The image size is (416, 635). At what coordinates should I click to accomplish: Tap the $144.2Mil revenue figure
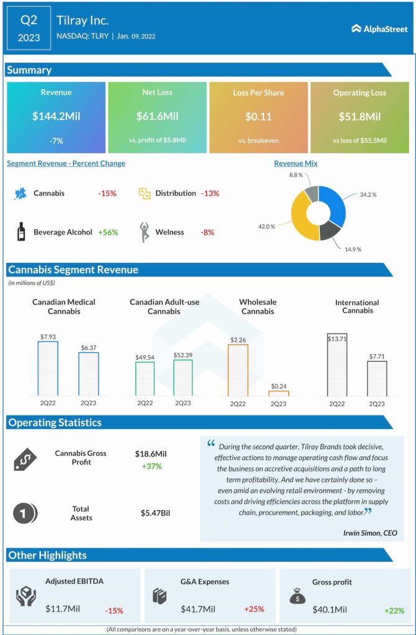point(56,117)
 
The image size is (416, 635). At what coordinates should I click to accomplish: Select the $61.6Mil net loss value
point(157,117)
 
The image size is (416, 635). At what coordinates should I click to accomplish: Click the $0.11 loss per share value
point(258,117)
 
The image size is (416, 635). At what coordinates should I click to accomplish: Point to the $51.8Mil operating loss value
point(360,117)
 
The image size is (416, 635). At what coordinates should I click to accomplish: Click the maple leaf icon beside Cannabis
point(20,193)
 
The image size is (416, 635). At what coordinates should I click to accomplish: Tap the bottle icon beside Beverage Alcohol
point(20,232)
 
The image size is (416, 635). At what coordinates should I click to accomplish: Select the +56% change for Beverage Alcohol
point(108,233)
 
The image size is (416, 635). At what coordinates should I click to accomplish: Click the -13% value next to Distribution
point(210,193)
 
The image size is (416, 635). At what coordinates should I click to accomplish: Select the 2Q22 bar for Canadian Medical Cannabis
point(48,368)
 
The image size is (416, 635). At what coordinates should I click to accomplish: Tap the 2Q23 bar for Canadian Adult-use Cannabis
point(183,377)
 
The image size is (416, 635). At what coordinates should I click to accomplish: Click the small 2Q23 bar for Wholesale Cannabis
point(278,393)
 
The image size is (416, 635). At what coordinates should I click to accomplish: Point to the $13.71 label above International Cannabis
point(337,338)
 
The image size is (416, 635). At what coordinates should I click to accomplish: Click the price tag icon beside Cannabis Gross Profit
point(25,459)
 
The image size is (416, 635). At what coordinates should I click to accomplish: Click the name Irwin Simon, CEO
point(370,533)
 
